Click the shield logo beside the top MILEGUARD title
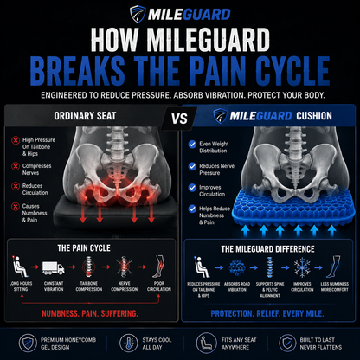(x=138, y=14)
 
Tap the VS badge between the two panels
(x=179, y=119)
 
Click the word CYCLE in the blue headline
(x=292, y=71)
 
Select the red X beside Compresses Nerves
(x=16, y=166)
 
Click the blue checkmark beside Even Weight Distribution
(x=192, y=144)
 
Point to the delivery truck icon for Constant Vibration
(x=54, y=267)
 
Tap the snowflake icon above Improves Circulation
(x=302, y=267)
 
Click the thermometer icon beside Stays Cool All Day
(x=129, y=343)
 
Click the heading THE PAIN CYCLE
(x=84, y=248)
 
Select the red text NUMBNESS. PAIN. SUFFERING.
(x=90, y=313)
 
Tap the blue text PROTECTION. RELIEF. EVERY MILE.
(x=267, y=313)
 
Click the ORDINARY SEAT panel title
(x=85, y=116)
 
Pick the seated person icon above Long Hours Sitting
(x=20, y=267)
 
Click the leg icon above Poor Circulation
(x=159, y=267)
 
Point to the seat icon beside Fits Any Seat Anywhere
(x=206, y=343)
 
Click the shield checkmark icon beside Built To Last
(x=287, y=343)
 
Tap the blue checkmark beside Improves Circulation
(x=192, y=188)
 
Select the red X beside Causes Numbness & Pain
(x=16, y=207)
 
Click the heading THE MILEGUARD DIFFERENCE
(x=267, y=249)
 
